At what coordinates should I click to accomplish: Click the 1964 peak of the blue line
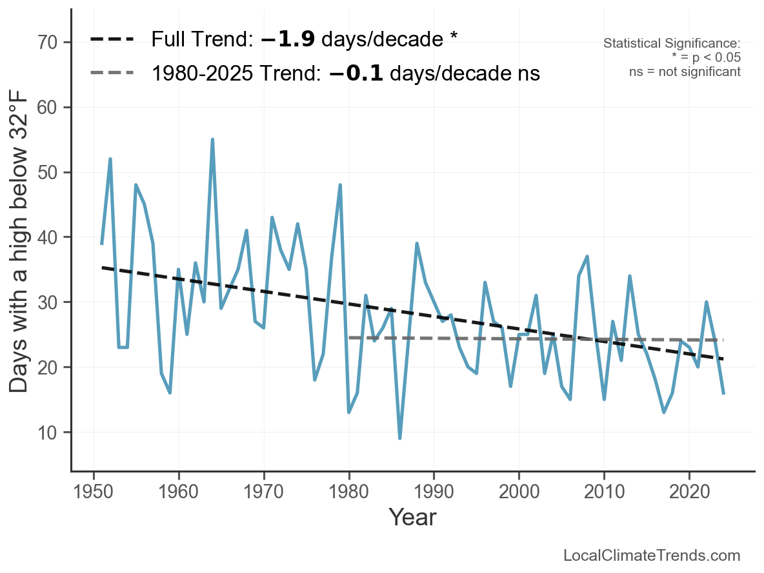(x=212, y=139)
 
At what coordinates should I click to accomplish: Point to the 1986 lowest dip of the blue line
(x=400, y=438)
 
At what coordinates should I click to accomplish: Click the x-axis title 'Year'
(x=412, y=517)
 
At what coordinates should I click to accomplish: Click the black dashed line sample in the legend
(x=112, y=40)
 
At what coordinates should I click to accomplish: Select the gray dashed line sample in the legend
(x=112, y=73)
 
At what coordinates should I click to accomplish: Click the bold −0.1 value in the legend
(x=356, y=73)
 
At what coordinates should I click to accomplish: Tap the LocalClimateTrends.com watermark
(x=652, y=555)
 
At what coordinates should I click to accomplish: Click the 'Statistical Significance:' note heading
(x=672, y=44)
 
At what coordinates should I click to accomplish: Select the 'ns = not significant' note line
(x=685, y=72)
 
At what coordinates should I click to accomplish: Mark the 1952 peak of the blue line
(x=110, y=159)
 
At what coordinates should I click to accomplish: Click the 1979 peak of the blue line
(x=340, y=185)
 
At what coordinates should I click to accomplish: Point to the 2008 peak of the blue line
(x=587, y=257)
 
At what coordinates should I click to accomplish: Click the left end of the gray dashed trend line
(x=349, y=338)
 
